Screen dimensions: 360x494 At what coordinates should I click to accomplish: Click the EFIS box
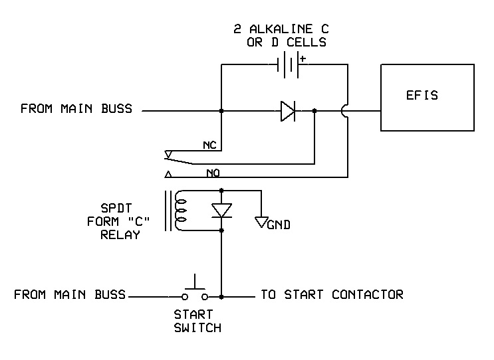422,96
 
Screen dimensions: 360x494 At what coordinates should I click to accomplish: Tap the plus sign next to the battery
303,58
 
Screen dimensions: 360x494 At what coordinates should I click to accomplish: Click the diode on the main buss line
288,111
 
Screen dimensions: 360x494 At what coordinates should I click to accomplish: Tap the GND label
279,226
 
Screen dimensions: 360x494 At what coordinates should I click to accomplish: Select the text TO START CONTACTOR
331,294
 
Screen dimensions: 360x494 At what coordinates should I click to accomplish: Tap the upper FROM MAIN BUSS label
76,108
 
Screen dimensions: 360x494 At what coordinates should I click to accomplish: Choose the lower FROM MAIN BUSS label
70,294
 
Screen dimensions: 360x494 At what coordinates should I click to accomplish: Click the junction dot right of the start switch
221,296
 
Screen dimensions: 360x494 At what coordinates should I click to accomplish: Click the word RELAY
120,234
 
